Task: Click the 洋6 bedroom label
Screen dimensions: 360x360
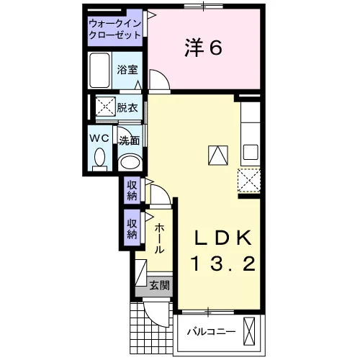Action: click(203, 48)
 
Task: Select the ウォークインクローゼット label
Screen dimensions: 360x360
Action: click(114, 30)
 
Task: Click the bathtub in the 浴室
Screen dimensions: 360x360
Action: click(99, 71)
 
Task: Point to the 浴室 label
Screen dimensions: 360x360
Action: click(127, 70)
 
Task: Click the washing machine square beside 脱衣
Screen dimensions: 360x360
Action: click(106, 107)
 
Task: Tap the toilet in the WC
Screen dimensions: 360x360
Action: click(99, 159)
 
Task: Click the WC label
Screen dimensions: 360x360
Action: click(99, 138)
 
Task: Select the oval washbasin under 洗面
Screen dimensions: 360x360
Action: click(130, 163)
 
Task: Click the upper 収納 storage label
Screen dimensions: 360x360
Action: click(132, 190)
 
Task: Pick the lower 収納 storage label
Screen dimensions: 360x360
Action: click(132, 229)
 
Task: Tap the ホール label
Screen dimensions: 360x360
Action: click(159, 239)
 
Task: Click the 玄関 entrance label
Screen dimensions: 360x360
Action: click(160, 285)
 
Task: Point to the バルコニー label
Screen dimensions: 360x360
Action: click(211, 332)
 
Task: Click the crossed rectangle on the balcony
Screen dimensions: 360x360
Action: click(249, 332)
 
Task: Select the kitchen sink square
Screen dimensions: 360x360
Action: click(251, 153)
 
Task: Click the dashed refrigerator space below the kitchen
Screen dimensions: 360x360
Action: click(249, 181)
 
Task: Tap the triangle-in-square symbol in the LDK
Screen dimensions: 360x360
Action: click(218, 156)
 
